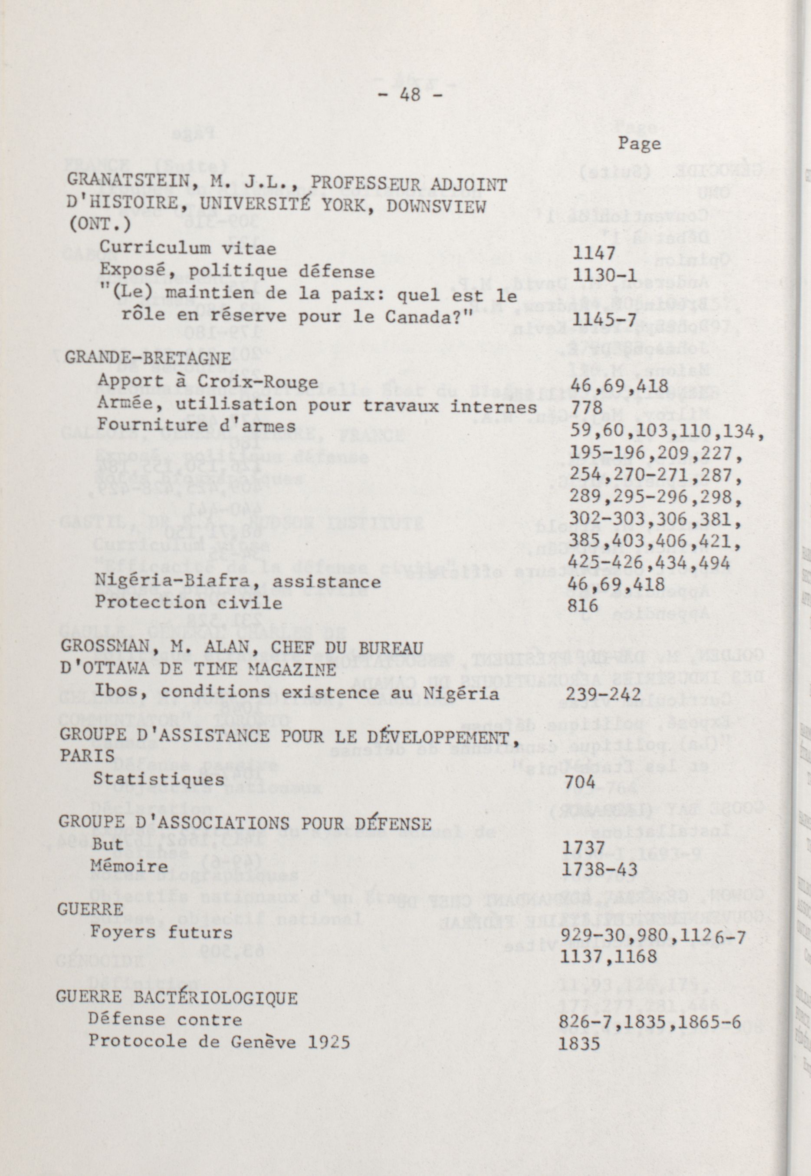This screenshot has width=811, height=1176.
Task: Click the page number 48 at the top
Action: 410,95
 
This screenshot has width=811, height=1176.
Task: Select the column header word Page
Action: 639,144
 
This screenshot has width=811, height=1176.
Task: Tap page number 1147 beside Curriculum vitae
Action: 594,252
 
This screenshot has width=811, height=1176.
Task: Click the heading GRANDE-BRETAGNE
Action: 148,358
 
